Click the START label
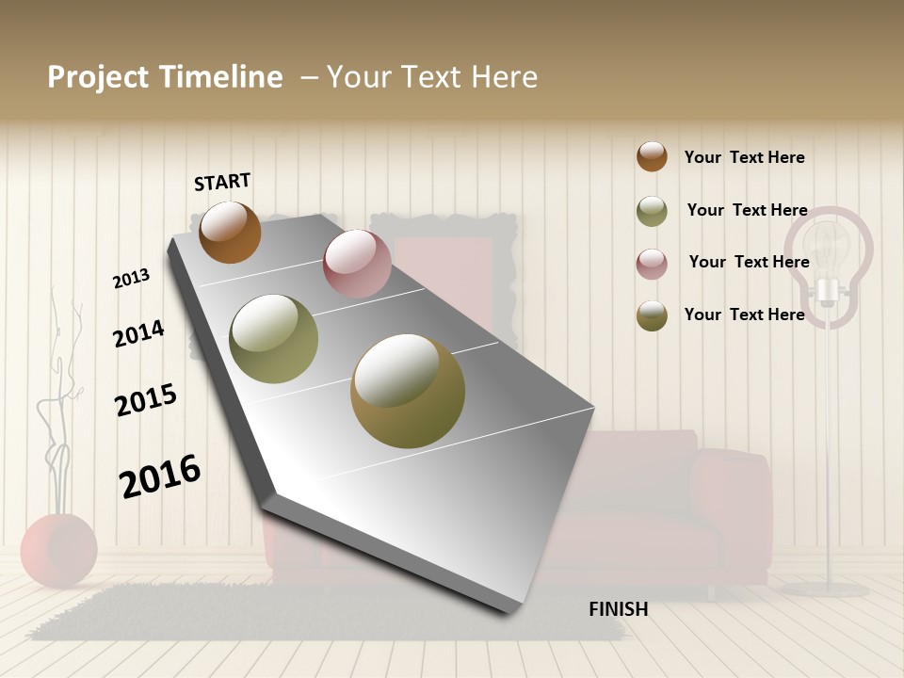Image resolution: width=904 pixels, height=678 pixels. [222, 182]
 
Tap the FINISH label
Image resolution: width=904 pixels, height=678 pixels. [618, 609]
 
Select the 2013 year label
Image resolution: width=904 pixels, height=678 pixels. [131, 279]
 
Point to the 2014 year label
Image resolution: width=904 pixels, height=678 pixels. [138, 333]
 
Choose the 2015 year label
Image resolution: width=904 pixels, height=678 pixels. [145, 400]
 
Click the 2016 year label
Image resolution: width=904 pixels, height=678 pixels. [160, 476]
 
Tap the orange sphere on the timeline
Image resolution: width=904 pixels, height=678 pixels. [230, 232]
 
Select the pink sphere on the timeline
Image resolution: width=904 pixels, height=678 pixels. [357, 264]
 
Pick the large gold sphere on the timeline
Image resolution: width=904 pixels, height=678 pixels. [407, 391]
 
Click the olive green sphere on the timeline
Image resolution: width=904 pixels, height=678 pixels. [273, 339]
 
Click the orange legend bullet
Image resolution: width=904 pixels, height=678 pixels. [652, 156]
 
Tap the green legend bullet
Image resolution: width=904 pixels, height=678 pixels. [652, 211]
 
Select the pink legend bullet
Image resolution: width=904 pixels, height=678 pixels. [652, 264]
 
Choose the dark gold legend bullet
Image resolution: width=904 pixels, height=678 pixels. [652, 315]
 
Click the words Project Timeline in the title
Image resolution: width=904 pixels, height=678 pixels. [165, 77]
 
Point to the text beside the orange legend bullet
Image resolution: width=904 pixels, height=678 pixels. [744, 157]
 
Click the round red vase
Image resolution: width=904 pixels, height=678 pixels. [58, 550]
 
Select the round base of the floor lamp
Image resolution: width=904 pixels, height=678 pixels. [825, 589]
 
